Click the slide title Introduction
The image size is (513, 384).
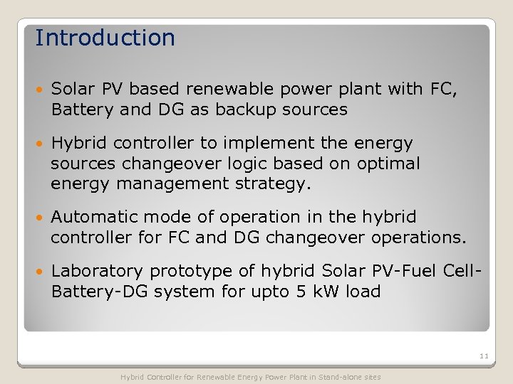pos(105,38)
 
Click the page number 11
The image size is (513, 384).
pos(484,356)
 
